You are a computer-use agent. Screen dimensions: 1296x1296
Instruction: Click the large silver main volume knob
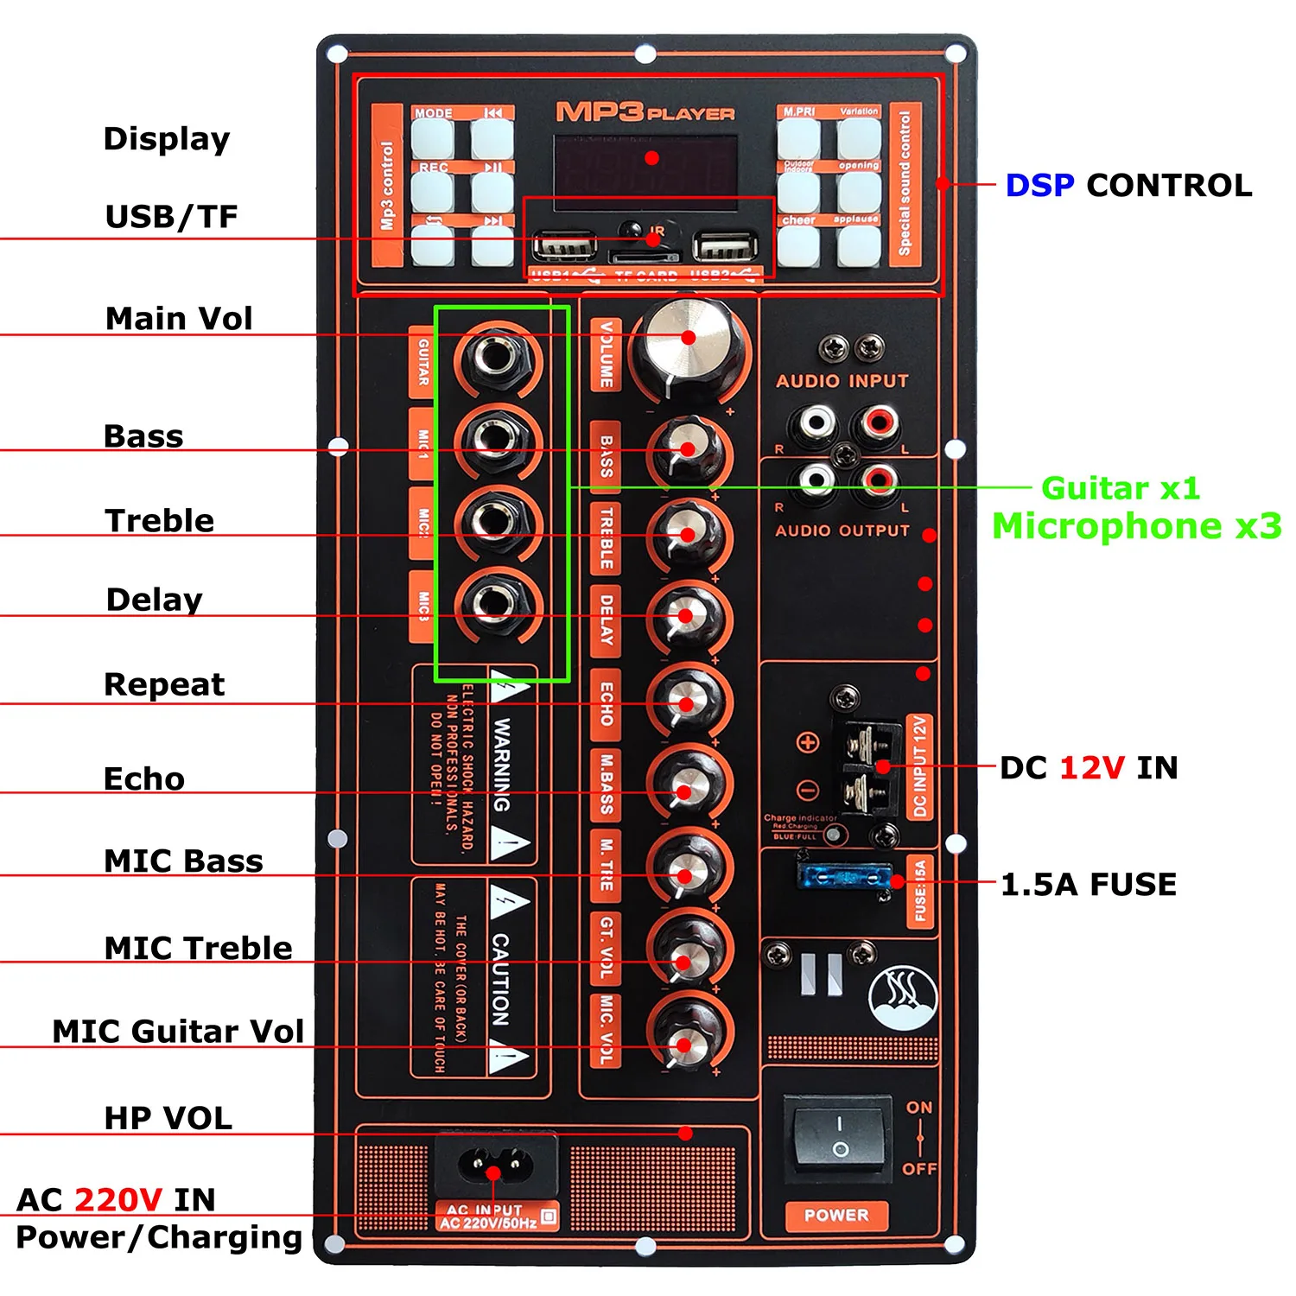tap(688, 341)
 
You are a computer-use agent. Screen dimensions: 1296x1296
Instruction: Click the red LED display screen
tap(646, 165)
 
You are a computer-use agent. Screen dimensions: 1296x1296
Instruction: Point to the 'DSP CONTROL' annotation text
tap(1128, 185)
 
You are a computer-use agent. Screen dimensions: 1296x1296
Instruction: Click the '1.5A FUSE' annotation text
tap(1089, 884)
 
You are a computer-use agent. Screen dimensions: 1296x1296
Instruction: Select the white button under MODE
tap(432, 138)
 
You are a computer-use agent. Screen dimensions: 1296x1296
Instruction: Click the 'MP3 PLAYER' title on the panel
tap(645, 112)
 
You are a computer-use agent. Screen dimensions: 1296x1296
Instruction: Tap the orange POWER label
tap(835, 1215)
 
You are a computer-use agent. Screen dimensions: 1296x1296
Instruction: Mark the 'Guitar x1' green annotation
tap(1121, 488)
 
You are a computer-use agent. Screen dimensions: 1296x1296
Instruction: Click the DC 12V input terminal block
tap(868, 766)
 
